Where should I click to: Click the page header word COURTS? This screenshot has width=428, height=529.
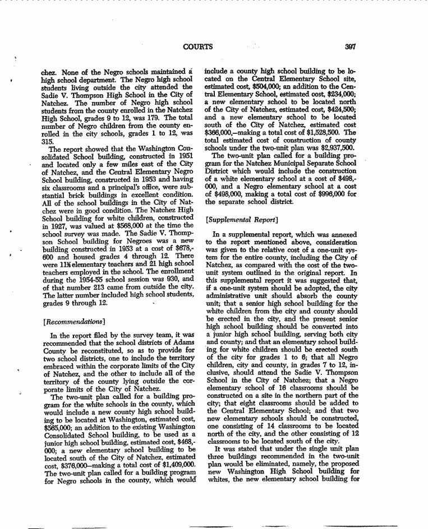(198, 47)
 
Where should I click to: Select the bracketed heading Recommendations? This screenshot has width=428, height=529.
(70, 322)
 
